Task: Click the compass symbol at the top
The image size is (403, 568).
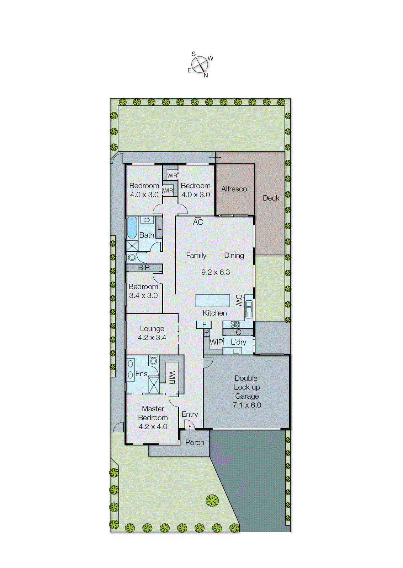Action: tap(200, 65)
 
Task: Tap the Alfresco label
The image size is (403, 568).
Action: tap(234, 189)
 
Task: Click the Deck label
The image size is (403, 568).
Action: tap(271, 198)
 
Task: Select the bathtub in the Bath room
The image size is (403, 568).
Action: tap(132, 228)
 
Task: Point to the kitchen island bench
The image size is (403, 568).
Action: tap(213, 300)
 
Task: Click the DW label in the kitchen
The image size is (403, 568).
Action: tap(239, 300)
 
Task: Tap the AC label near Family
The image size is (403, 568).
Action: tap(198, 222)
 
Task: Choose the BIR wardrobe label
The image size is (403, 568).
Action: tap(144, 268)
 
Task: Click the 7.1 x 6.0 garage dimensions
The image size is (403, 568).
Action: tap(247, 405)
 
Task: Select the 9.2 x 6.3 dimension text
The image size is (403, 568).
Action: tap(216, 272)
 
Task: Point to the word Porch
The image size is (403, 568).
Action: tap(195, 442)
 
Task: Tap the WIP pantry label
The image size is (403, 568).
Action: tap(216, 342)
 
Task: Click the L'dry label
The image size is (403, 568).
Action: tap(238, 342)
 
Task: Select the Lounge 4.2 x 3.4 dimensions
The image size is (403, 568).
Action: tap(152, 338)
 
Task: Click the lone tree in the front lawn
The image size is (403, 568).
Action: tap(212, 501)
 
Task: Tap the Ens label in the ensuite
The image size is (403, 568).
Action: tap(141, 374)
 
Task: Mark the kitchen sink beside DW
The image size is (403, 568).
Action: tap(249, 308)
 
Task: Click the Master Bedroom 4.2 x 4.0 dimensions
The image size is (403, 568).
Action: tap(153, 427)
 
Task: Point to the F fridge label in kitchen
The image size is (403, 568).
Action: tap(204, 324)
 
